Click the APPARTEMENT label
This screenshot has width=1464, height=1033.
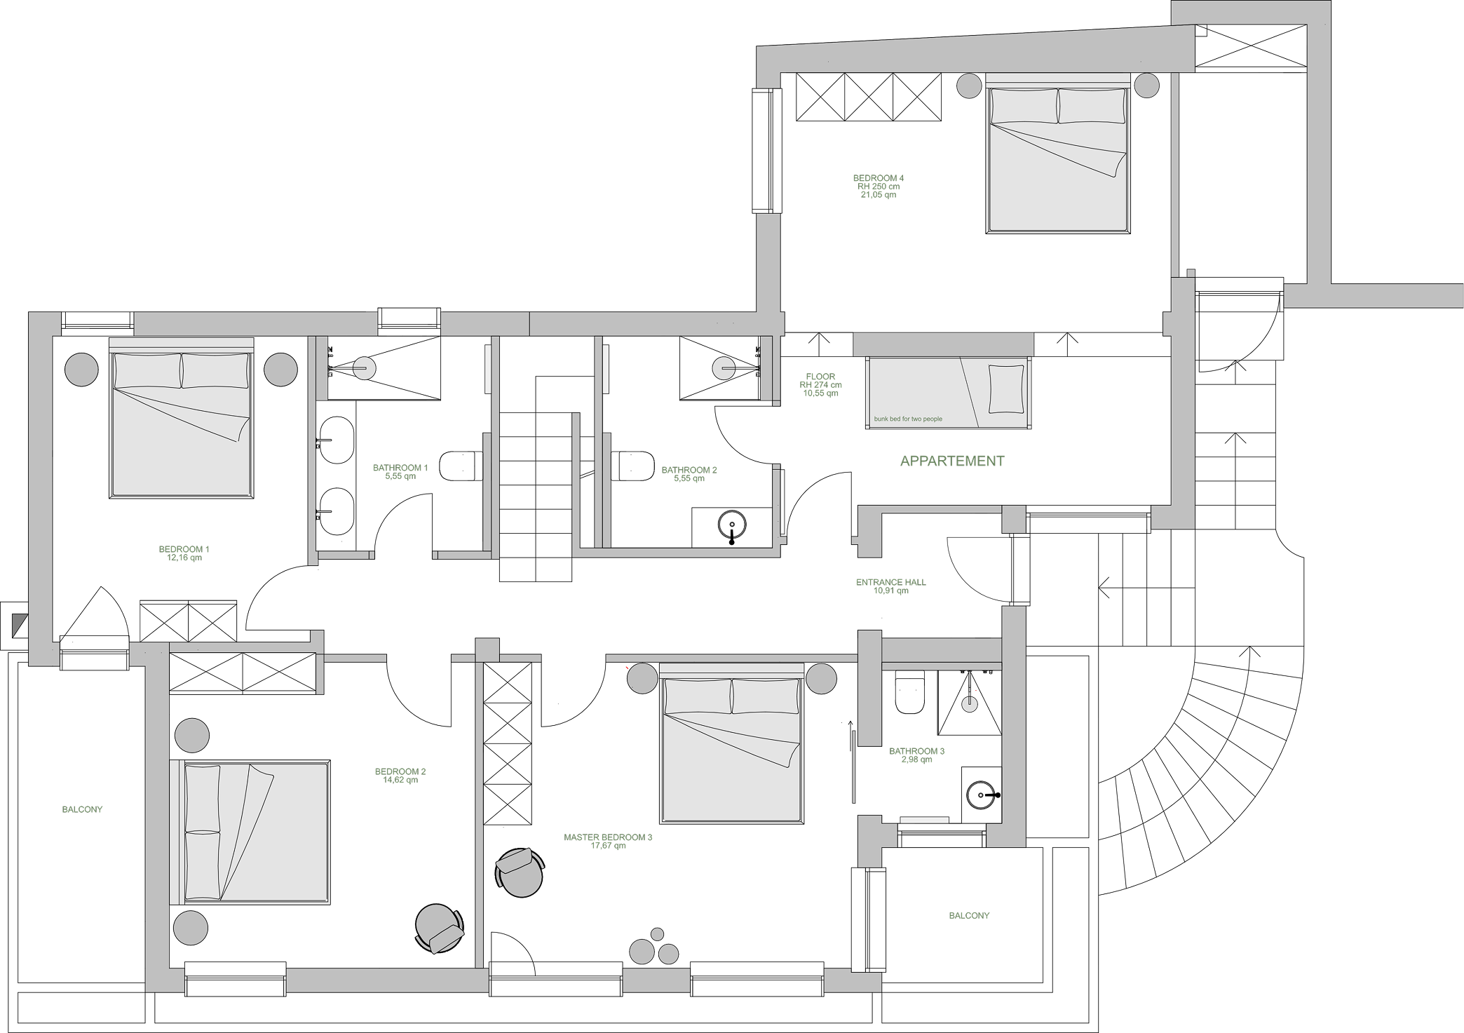click(x=951, y=461)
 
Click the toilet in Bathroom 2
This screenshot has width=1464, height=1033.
click(x=632, y=466)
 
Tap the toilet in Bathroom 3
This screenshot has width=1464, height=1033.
click(x=910, y=691)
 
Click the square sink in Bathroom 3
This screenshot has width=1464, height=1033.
click(x=982, y=795)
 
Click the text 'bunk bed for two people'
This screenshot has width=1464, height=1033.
click(x=908, y=419)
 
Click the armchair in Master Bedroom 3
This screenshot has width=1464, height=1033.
click(x=520, y=872)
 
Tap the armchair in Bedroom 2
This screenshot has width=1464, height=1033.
click(x=440, y=929)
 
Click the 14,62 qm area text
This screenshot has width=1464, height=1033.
click(x=400, y=781)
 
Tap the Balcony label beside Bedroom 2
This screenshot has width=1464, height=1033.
click(x=82, y=809)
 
